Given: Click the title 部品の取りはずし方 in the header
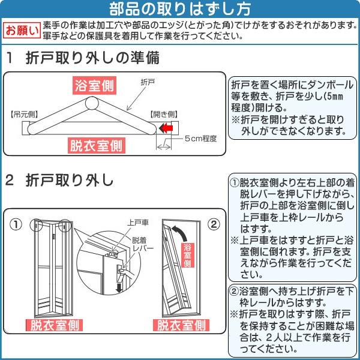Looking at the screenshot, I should click(179, 9).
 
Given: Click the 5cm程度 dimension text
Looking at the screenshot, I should click(200, 139).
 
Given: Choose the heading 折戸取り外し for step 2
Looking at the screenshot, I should click(69, 181).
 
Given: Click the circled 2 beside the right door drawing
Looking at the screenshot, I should click(213, 225).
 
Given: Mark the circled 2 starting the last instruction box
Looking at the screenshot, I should click(235, 291).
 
